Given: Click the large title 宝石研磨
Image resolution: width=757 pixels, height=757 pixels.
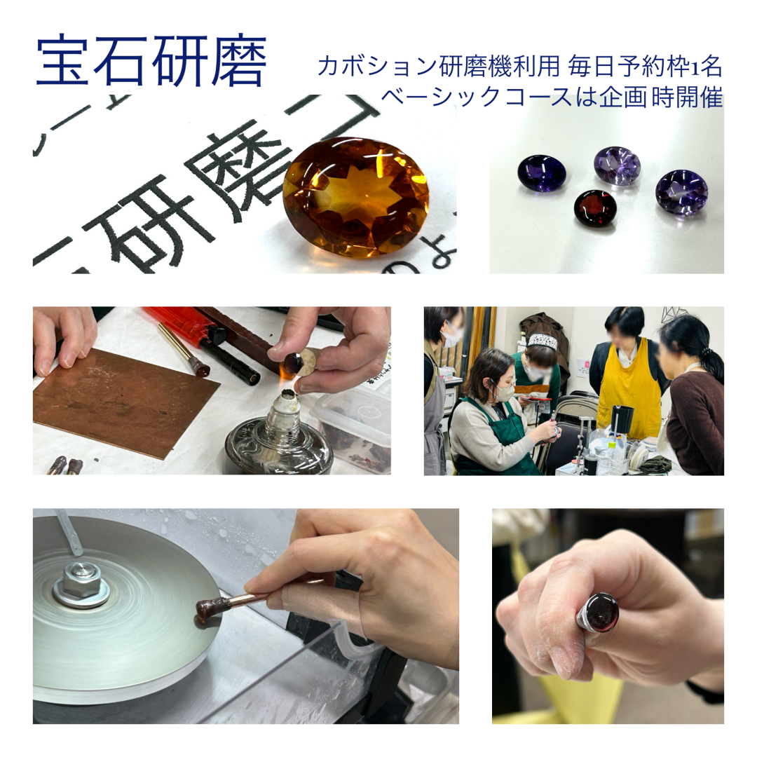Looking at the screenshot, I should pyautogui.click(x=151, y=61).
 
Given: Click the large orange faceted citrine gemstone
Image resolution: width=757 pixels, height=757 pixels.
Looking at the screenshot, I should pyautogui.click(x=355, y=196).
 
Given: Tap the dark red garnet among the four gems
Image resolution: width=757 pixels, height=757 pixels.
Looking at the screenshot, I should pyautogui.click(x=595, y=208).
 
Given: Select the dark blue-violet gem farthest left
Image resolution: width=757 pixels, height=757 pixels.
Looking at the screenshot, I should pyautogui.click(x=541, y=172).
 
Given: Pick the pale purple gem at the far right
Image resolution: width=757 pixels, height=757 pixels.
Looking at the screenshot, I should pyautogui.click(x=681, y=191).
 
